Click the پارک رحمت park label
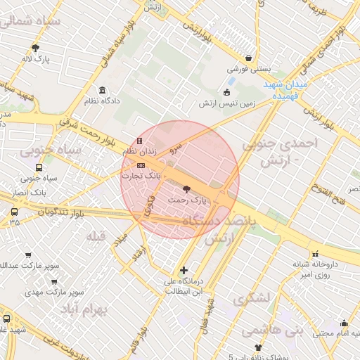pos(188,200)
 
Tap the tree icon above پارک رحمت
pos(186,188)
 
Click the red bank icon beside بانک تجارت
pos(141,165)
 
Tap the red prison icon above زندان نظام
pos(139,141)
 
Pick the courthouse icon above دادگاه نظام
pos(103,90)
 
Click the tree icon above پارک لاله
pos(35,48)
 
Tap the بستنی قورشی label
pos(248,70)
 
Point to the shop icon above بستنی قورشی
pos(248,58)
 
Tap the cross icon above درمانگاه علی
pos(184,270)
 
